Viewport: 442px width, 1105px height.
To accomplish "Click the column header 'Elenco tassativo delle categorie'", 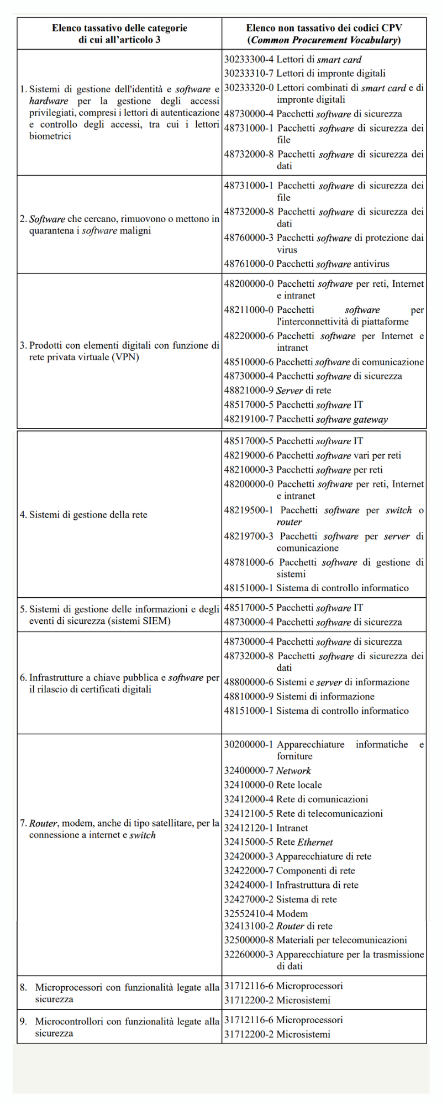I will (x=119, y=28).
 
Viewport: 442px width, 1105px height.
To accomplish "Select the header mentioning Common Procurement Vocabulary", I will (x=324, y=40).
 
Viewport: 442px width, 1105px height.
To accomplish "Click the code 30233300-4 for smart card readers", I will (x=249, y=60).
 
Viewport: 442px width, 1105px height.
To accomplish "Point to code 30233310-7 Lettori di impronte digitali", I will (x=249, y=73).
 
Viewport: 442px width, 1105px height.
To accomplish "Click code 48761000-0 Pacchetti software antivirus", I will (x=249, y=264).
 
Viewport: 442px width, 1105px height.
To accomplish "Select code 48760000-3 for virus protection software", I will (x=249, y=238).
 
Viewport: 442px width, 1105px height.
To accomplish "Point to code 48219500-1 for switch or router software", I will (x=249, y=511).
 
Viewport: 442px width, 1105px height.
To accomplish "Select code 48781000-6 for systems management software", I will (x=249, y=562).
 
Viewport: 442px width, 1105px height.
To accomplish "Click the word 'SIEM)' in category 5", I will (x=157, y=622).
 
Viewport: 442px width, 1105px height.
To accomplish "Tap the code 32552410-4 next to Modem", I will (x=249, y=914).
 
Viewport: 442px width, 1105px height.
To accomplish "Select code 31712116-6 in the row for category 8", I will (x=249, y=986).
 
